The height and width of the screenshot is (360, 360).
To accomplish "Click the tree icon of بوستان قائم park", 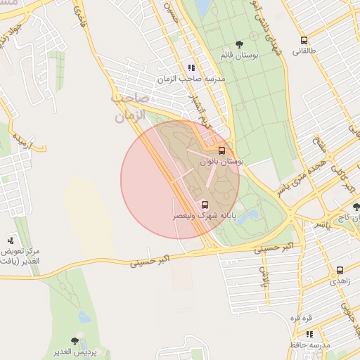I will tap(240, 44).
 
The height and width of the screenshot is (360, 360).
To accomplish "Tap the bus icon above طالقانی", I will tap(304, 40).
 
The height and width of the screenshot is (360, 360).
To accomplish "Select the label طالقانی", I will tap(304, 51).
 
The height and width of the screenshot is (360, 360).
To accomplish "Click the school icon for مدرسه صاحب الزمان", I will tap(191, 68).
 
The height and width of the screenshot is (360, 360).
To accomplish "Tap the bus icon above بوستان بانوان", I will tap(222, 150).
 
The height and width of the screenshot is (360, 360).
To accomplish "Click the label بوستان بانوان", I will tap(221, 162).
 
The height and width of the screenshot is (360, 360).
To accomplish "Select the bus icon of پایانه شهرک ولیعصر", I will tap(205, 205).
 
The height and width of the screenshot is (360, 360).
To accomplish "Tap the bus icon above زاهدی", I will tap(340, 269).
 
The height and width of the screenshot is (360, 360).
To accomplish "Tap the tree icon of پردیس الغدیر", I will tap(75, 340).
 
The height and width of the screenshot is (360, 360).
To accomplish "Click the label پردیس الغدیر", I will tap(77, 351).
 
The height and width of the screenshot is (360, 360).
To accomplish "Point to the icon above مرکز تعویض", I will tap(10, 240).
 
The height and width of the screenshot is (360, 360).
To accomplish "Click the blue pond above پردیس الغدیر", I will tap(84, 316).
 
